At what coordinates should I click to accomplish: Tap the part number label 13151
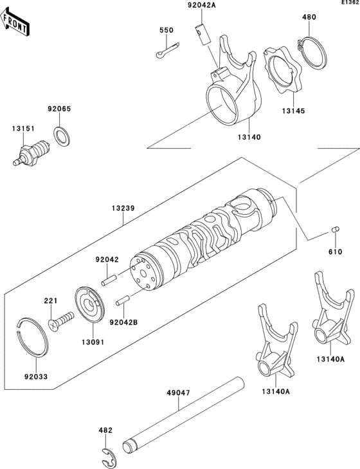21,128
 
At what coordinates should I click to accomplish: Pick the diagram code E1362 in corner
350,3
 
